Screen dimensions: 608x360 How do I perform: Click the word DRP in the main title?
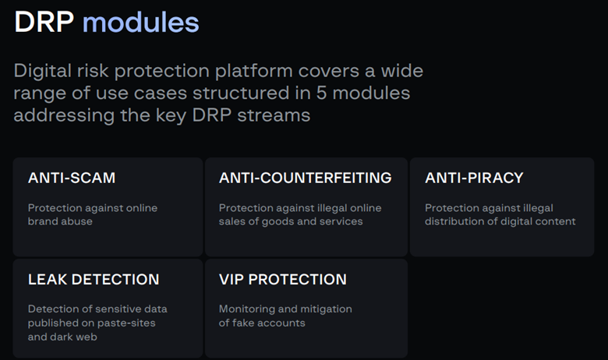(44, 22)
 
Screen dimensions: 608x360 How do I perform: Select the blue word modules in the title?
(141, 22)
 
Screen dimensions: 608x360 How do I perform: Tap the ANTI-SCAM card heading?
(72, 178)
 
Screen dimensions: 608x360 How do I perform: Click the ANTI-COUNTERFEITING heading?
(305, 178)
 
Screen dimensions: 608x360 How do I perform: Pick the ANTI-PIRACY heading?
(474, 178)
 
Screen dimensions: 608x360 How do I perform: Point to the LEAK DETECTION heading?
(94, 280)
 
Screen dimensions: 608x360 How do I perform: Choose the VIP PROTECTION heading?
(283, 280)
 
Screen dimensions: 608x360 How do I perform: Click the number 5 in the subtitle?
(321, 93)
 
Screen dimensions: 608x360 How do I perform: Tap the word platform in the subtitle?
(253, 72)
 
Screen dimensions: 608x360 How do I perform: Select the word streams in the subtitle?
(274, 115)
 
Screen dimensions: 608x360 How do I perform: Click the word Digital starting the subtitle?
(43, 72)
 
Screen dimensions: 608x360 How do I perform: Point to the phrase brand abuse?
(60, 221)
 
